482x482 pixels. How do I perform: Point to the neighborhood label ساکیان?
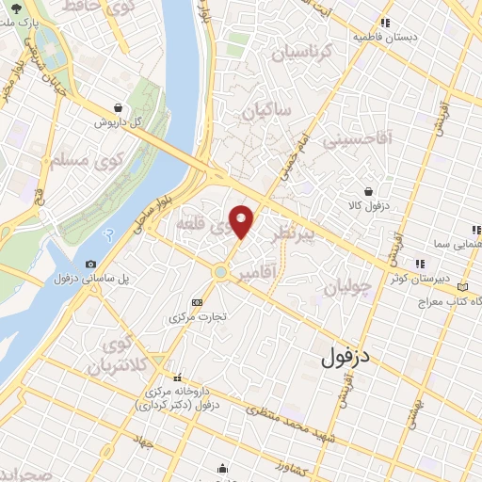[267, 113]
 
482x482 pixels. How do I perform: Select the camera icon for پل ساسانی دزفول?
[90, 265]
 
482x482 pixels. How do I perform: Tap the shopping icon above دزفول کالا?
[378, 191]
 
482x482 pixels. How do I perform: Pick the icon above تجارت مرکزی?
[196, 302]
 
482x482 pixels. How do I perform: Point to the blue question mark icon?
[108, 233]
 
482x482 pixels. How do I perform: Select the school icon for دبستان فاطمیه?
[384, 23]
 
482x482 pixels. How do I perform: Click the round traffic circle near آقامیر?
[220, 272]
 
